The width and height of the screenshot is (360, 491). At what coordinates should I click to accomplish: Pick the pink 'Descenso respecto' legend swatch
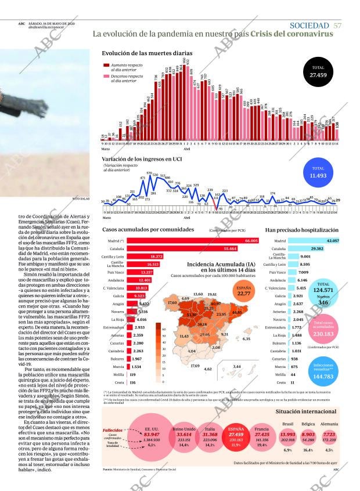click(106, 77)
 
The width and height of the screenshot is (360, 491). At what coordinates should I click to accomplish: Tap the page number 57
click(337, 26)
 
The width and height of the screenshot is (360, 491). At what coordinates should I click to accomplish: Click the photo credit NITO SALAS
click(80, 199)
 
